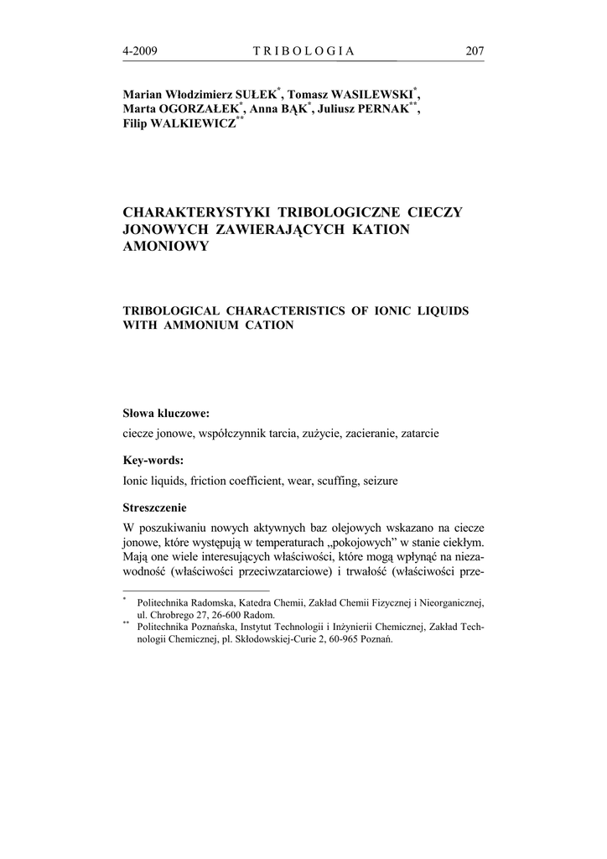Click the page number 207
[475, 51]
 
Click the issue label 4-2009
[140, 51]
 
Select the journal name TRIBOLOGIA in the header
[303, 51]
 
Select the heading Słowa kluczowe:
[166, 414]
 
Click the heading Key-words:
[153, 461]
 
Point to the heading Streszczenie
[155, 508]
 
